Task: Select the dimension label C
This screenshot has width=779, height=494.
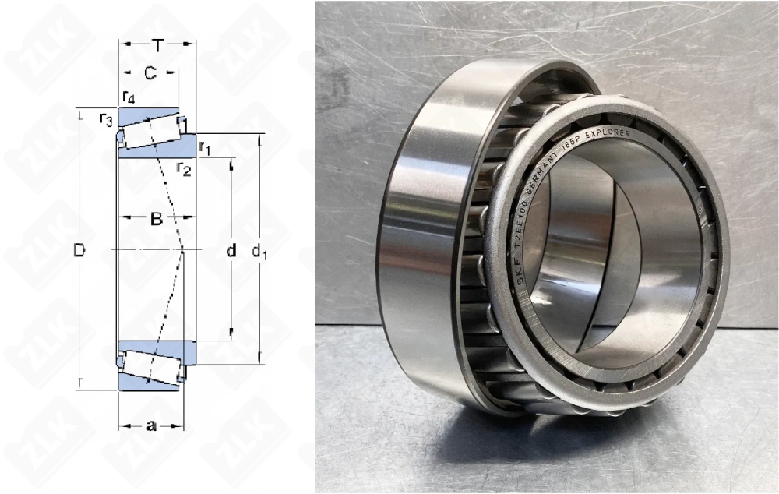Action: tap(150, 73)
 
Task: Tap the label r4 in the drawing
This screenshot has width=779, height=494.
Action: tap(129, 97)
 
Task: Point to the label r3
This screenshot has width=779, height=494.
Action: tap(106, 118)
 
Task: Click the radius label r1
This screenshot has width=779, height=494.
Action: tap(205, 147)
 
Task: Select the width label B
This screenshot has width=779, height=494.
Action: tap(156, 220)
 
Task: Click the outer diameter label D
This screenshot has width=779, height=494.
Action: tap(79, 250)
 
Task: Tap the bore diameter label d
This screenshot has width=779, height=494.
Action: tap(231, 250)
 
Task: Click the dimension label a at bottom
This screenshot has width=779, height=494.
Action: tap(151, 425)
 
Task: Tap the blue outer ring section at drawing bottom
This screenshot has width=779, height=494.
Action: tap(148, 381)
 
